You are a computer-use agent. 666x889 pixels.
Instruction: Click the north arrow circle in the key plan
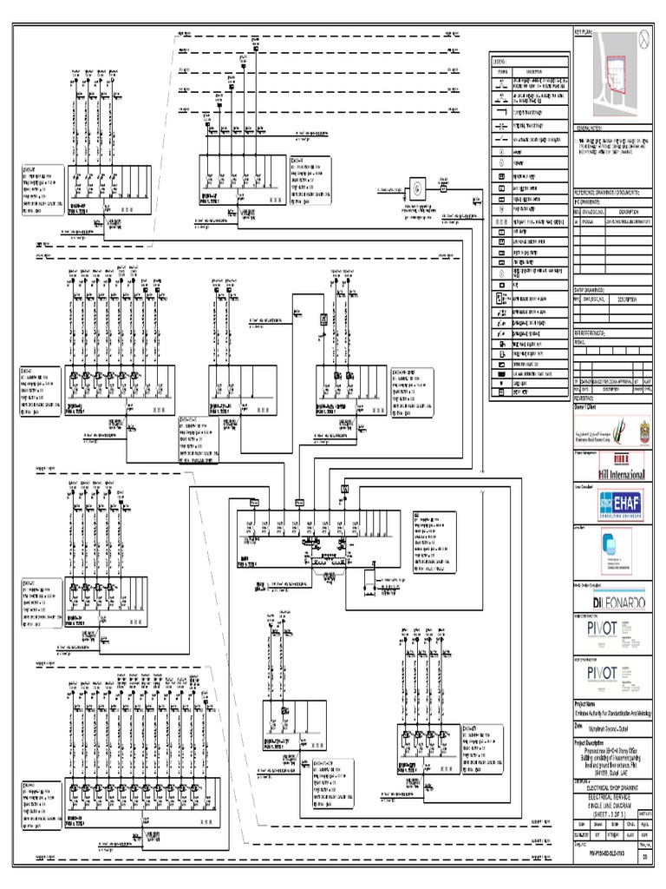click(x=643, y=37)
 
